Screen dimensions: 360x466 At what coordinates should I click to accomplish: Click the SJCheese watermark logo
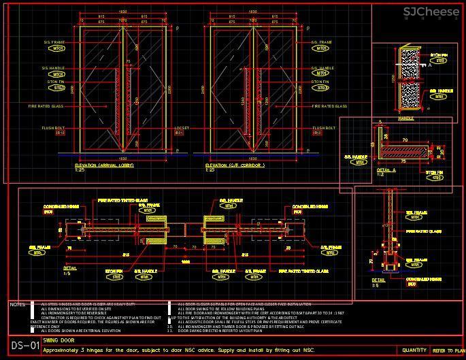click(x=431, y=12)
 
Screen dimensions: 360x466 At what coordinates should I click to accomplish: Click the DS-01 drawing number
click(x=25, y=346)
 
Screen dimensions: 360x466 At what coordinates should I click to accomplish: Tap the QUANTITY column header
click(x=414, y=350)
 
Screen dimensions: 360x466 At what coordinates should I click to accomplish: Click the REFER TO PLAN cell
click(x=449, y=350)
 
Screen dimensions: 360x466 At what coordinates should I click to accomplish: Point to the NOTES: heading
click(x=18, y=304)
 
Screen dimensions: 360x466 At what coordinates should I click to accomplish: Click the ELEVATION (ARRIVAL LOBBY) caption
click(x=104, y=165)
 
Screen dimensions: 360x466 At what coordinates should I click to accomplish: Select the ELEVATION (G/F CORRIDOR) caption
click(x=235, y=165)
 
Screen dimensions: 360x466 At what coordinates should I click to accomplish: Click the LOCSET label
click(x=182, y=127)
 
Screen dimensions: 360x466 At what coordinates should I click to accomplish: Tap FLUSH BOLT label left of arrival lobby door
click(x=53, y=127)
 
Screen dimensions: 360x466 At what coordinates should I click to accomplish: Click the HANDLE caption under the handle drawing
click(x=405, y=118)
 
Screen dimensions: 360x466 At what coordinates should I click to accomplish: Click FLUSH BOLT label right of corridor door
click(x=324, y=127)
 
